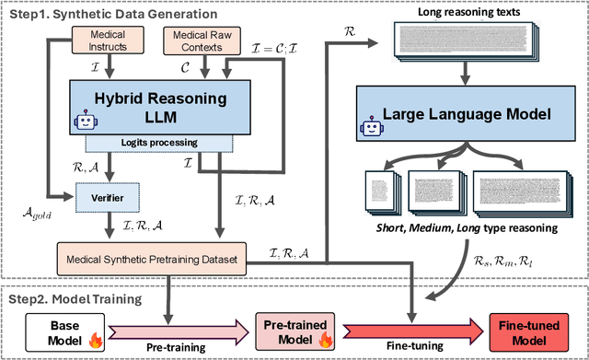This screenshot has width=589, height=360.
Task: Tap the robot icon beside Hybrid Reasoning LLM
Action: (86, 124)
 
